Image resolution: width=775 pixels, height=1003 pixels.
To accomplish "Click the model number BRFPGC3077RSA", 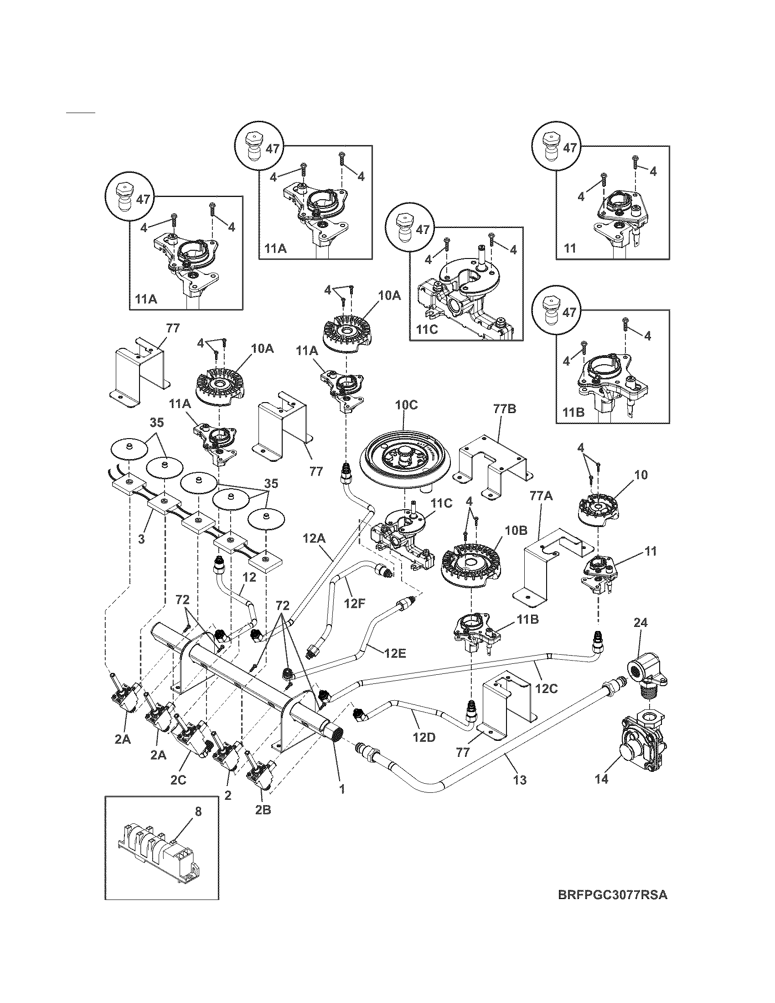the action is coord(612,908).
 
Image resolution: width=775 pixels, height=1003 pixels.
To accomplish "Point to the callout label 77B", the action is coord(505,408).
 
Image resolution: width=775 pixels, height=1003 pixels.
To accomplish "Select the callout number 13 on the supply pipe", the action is coord(520,779).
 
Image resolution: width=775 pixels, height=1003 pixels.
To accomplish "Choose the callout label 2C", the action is coord(178,779).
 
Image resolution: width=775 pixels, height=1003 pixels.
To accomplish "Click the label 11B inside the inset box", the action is coord(574,413).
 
